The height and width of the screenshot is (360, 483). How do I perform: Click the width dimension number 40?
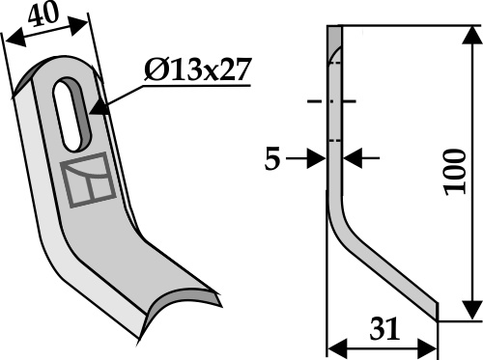click(x=43, y=14)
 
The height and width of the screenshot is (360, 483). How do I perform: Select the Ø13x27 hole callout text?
click(x=197, y=69)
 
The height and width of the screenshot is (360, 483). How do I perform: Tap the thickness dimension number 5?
click(x=272, y=159)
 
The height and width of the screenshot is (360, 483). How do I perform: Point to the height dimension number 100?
click(x=455, y=172)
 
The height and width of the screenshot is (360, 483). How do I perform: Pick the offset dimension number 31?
click(x=384, y=329)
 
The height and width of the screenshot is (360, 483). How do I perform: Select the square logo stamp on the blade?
click(x=88, y=180)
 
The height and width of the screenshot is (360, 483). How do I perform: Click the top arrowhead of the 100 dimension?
click(x=471, y=35)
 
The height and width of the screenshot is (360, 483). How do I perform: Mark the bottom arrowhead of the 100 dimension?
click(x=471, y=310)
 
